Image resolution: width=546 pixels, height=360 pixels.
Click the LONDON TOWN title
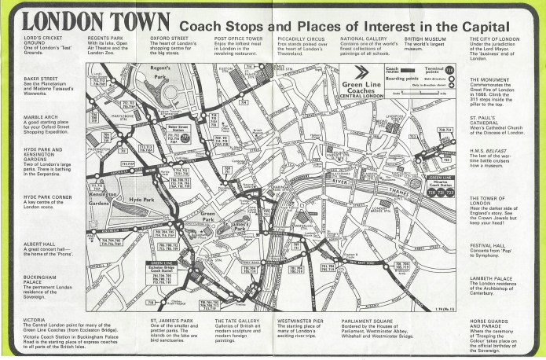tap(89, 20)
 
